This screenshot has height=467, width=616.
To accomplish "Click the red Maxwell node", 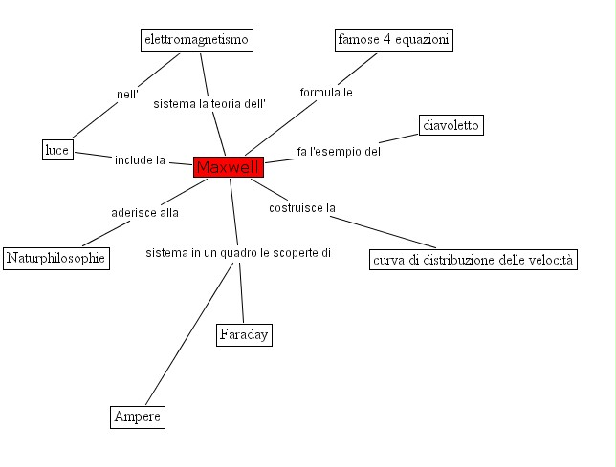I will click(228, 167).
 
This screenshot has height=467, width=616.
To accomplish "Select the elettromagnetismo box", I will click(196, 39).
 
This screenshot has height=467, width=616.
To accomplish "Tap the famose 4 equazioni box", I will click(393, 39).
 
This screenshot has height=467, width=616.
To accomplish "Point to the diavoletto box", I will click(451, 125).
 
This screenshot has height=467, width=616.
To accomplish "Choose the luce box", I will click(57, 150).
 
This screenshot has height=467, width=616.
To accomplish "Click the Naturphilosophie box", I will click(55, 258).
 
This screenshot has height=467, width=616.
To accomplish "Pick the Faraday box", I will click(244, 334).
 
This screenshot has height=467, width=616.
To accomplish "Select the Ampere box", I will click(138, 417).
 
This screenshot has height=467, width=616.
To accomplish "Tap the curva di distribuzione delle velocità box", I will click(473, 260).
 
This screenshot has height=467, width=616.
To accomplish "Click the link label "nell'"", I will click(128, 94).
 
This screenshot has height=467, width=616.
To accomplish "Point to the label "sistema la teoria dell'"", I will click(209, 103).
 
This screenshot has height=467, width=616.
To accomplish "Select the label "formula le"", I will click(326, 93).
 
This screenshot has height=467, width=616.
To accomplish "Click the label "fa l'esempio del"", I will click(339, 151).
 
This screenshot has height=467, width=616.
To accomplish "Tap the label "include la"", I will click(141, 159).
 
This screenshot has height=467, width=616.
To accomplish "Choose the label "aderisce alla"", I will click(144, 213).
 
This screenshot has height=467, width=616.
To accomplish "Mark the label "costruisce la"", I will click(301, 207).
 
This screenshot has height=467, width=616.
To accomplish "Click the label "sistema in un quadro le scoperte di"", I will click(238, 253).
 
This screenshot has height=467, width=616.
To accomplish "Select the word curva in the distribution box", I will click(391, 260).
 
